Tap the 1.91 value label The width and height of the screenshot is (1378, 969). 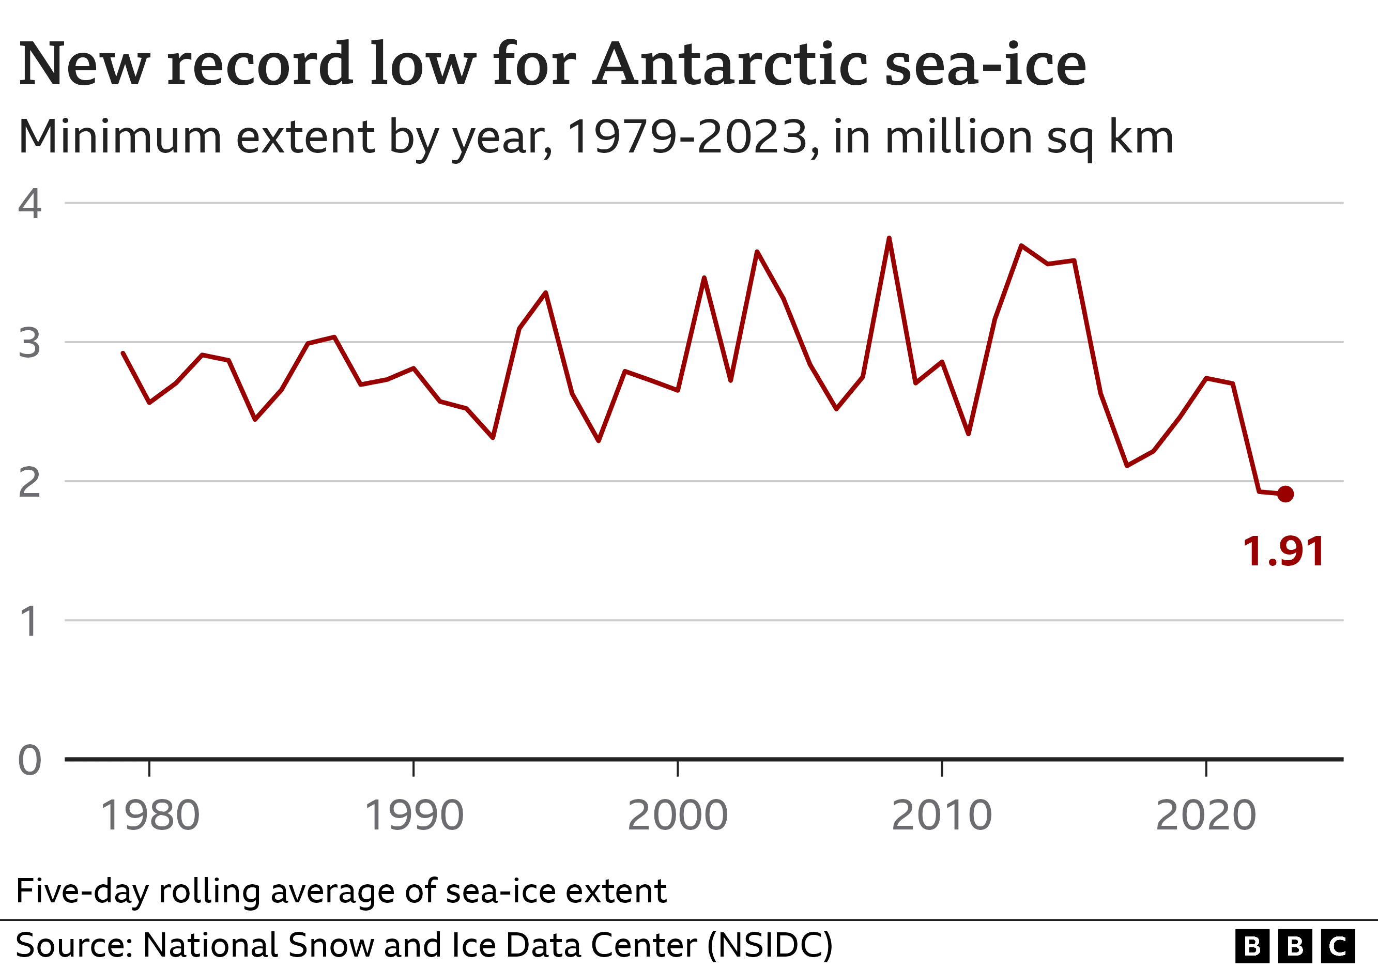coord(1283,551)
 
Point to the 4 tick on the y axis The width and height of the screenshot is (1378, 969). coord(29,204)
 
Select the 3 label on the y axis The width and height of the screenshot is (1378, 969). coord(29,343)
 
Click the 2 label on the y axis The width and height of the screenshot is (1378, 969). coord(29,482)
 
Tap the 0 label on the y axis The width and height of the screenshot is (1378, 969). coord(29,760)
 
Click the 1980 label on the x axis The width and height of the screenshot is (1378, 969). coord(149,816)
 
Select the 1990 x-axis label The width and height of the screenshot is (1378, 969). coord(414,816)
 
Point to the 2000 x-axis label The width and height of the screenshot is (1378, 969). coord(678,816)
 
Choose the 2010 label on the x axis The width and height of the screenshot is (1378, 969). coord(942,816)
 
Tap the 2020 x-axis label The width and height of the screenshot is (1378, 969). coord(1206,816)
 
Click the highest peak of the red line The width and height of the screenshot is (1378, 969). coord(889,239)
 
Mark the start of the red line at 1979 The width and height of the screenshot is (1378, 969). coord(123,353)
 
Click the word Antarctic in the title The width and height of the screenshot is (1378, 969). coord(730,64)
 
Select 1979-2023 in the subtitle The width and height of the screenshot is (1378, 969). coord(687,137)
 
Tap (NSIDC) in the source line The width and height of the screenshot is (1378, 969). coord(770,945)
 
